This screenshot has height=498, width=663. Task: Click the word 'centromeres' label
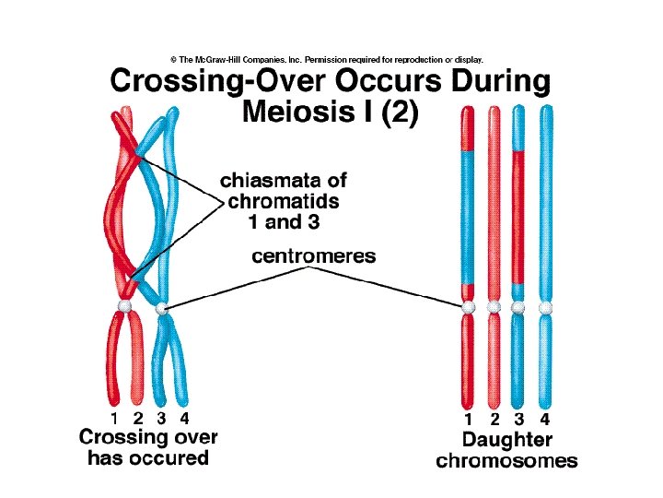[314, 256]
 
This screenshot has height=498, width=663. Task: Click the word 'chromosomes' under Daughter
[506, 460]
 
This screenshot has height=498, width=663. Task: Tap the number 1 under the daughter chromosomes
[468, 421]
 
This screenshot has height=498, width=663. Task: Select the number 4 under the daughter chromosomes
[545, 421]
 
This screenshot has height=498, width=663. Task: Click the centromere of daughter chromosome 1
[468, 306]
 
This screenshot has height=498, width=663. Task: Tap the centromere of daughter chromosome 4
[545, 306]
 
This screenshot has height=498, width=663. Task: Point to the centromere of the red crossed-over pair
[125, 305]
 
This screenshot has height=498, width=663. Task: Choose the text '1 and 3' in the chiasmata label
[286, 221]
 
